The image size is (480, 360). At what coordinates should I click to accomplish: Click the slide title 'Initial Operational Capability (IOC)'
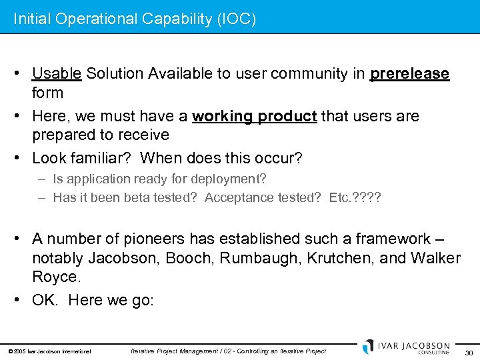(135, 19)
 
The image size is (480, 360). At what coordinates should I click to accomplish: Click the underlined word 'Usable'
(57, 74)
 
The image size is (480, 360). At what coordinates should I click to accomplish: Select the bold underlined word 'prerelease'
(409, 74)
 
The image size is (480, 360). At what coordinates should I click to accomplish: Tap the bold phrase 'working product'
(255, 117)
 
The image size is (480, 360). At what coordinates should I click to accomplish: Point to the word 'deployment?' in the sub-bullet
(230, 179)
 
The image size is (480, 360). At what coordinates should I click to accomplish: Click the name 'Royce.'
(57, 276)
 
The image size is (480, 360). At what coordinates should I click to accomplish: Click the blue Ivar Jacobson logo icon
(368, 347)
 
